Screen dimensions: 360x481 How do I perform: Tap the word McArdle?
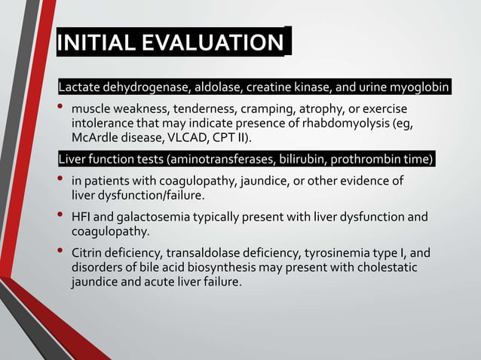pos(95,139)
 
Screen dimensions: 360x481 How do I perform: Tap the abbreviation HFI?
pos(82,217)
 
